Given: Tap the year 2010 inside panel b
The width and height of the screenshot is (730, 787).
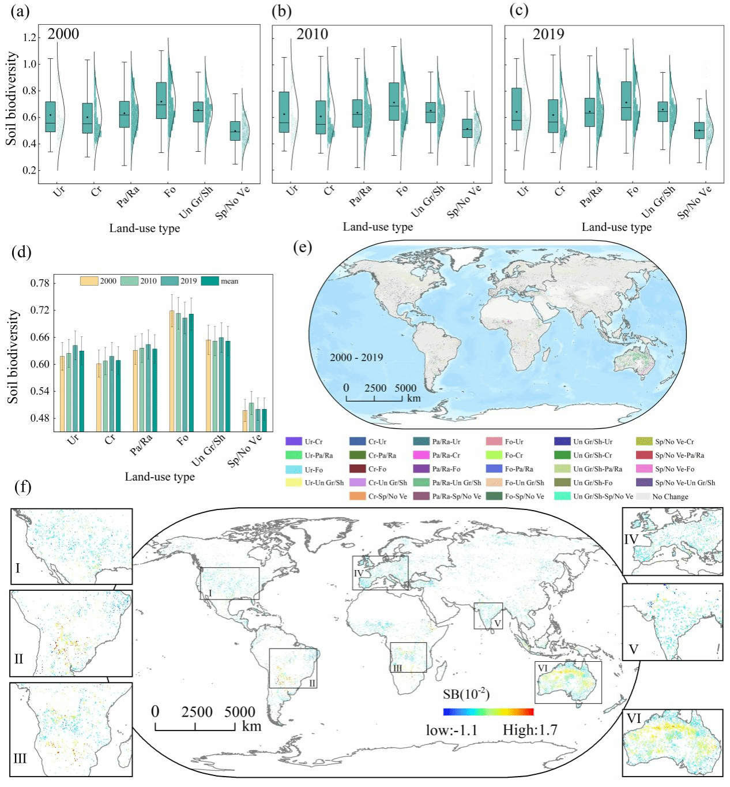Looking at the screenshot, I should [x=312, y=34].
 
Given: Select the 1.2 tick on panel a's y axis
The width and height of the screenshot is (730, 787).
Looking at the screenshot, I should [x=29, y=38].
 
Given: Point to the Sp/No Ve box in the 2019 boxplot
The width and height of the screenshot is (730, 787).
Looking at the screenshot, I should [x=699, y=130].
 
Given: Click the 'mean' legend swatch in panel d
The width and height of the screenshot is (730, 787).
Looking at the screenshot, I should [x=210, y=281].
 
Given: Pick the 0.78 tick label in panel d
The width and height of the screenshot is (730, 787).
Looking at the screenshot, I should [x=40, y=283].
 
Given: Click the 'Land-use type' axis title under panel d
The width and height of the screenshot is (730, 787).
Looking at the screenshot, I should [x=160, y=477].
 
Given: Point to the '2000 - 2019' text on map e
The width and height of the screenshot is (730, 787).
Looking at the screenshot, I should [x=356, y=357].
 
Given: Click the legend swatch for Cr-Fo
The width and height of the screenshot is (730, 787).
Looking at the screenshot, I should [x=358, y=469].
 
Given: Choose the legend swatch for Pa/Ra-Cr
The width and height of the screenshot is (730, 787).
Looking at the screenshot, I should [x=422, y=455].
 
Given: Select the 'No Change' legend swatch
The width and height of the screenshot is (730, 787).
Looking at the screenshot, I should [x=643, y=496].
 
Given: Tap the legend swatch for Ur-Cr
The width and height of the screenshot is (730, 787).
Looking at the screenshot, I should [x=293, y=441].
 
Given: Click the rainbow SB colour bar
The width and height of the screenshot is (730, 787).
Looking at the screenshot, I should [x=488, y=712].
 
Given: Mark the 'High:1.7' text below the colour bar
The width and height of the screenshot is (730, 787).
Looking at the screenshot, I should [x=530, y=730].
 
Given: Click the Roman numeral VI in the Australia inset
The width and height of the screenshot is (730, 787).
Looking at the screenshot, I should [x=634, y=718].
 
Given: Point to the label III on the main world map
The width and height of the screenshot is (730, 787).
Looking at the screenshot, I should [x=398, y=668].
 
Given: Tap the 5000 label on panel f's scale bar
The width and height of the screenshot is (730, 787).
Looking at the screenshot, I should [x=239, y=712].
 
